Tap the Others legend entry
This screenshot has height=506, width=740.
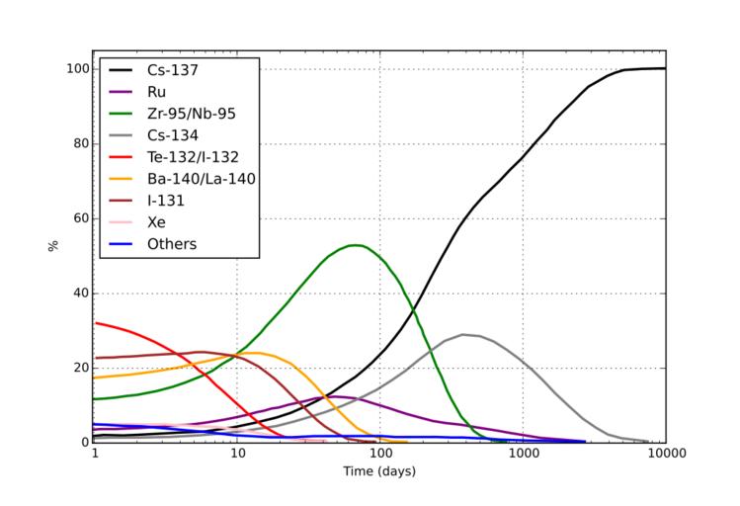(x=170, y=244)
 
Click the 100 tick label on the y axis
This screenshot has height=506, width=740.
(x=74, y=69)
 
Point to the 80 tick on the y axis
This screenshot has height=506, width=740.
(x=78, y=144)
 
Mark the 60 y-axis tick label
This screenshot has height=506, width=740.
(x=78, y=218)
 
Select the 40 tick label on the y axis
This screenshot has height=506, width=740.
(x=78, y=294)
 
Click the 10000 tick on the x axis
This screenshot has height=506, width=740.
(x=665, y=455)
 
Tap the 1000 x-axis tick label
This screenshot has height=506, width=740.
(x=523, y=455)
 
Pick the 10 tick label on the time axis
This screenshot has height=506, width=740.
(x=237, y=455)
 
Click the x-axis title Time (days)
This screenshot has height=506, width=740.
(x=379, y=471)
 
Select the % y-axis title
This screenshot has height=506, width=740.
(x=53, y=246)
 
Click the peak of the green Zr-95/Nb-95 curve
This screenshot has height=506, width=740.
(x=356, y=245)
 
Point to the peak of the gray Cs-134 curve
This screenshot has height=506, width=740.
(x=461, y=334)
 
